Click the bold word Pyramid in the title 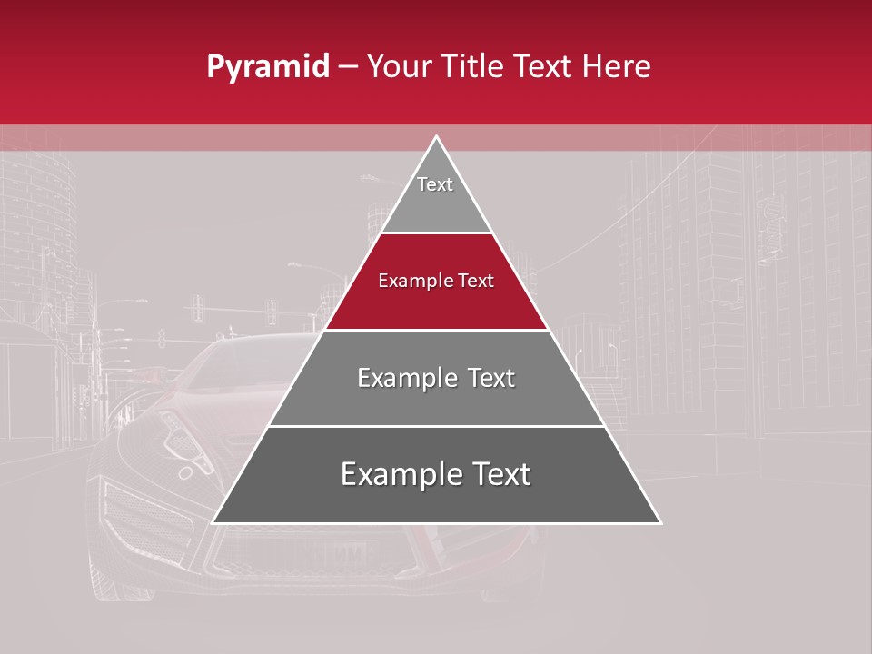[267, 67]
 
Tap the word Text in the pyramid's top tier [435, 184]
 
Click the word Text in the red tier [476, 281]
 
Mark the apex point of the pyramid [437, 136]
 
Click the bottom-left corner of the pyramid [213, 523]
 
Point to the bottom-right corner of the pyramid [661, 523]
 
